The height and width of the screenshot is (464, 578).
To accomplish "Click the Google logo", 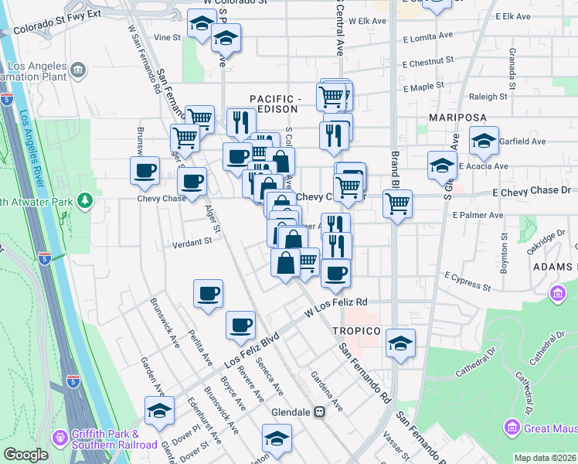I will coord(25,455).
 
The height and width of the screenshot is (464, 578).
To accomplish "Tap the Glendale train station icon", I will coord(318,412).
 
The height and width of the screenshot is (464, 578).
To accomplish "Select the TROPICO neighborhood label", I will coord(357,331).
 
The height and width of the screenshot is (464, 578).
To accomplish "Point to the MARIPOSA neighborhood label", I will coord(458,118).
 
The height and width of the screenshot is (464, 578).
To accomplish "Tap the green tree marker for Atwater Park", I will coord(83,202).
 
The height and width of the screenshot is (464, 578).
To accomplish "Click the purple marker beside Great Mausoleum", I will coord(511,427).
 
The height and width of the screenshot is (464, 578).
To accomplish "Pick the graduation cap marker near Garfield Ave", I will coord(484,141).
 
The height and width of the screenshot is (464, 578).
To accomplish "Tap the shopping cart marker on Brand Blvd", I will coord(397,205).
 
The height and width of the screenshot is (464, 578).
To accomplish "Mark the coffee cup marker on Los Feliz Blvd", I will coord(240,325).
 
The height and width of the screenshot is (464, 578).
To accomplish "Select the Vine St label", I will coord(166,36).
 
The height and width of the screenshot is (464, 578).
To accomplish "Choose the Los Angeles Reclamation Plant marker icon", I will coord(78,71).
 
